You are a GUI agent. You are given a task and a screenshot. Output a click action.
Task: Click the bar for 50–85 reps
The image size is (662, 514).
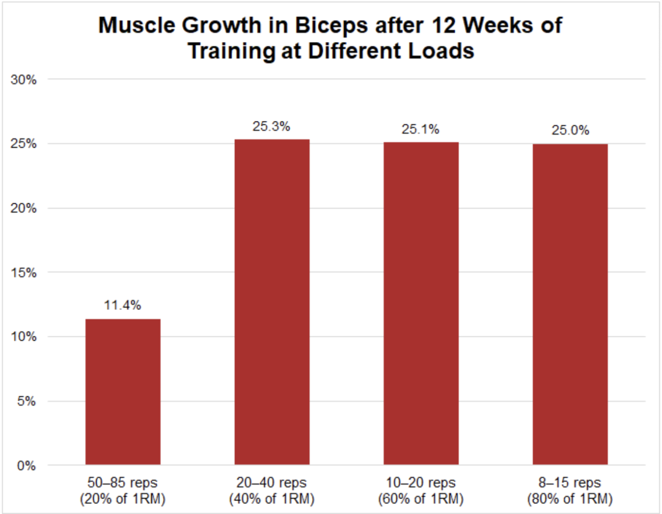pyautogui.click(x=123, y=391)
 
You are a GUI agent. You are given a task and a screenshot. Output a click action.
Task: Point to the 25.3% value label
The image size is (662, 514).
pyautogui.click(x=272, y=127)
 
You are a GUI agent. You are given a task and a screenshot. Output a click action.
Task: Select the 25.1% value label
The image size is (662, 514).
pyautogui.click(x=421, y=130)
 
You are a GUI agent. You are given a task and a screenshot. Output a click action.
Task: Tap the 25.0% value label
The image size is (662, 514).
pyautogui.click(x=570, y=131)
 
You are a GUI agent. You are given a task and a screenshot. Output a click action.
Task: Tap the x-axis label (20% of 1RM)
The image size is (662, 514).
pyautogui.click(x=123, y=500)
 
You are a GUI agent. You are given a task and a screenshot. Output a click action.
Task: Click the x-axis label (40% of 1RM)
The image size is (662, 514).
pyautogui.click(x=272, y=500)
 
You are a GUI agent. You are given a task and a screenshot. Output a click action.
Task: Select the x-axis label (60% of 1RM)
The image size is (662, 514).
pyautogui.click(x=421, y=500)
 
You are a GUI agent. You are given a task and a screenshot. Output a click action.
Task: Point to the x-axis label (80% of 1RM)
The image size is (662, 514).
pyautogui.click(x=570, y=500)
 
